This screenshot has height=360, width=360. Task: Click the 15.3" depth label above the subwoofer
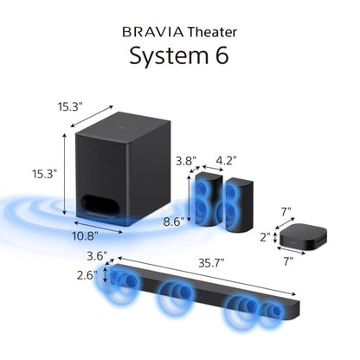point(72,106)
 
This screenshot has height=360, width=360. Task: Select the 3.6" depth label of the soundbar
point(97,257)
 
